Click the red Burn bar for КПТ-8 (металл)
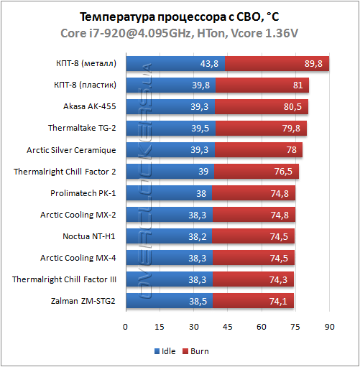(277, 64)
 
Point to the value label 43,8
(210, 64)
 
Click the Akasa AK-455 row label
(90, 107)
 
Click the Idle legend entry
(164, 351)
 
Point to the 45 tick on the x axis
(228, 327)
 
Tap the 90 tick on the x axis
(330, 327)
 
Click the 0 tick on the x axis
(126, 327)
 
